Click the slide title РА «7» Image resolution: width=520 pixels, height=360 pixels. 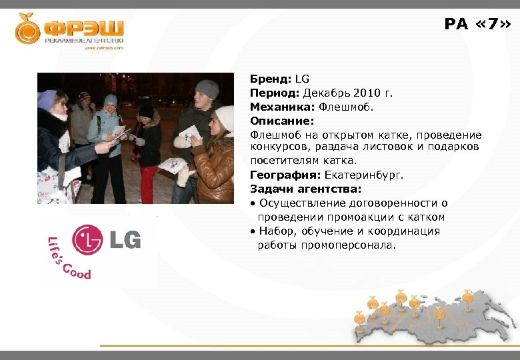(478, 25)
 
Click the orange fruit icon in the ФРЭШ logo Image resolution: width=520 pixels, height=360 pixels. (28, 29)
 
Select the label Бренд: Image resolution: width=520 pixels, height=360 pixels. (271, 79)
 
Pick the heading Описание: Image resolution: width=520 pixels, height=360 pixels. (277, 121)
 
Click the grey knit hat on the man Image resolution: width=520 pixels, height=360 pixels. (207, 89)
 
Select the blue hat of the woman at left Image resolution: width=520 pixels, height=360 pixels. (47, 99)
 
